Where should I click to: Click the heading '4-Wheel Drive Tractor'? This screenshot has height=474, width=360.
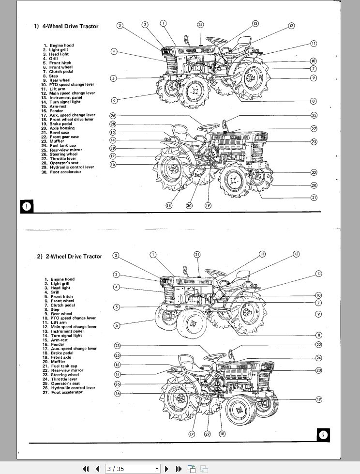tap(69, 26)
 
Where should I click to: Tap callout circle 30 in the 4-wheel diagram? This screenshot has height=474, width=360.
tap(189, 205)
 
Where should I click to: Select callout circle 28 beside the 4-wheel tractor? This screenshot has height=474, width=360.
tap(113, 124)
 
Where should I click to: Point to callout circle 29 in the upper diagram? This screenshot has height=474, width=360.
tap(113, 148)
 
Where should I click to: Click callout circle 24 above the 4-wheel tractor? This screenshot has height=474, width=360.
tap(200, 24)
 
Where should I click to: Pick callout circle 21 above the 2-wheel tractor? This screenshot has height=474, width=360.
tap(197, 254)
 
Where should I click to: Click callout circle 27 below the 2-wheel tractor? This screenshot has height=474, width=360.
tap(207, 434)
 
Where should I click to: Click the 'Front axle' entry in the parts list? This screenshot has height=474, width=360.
tap(60, 357)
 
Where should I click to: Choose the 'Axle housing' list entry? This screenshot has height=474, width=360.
tap(62, 128)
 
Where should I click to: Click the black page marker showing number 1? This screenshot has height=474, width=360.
tap(27, 207)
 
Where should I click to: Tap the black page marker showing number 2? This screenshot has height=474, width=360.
tap(323, 434)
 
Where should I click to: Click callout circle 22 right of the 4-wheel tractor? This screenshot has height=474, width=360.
tap(314, 172)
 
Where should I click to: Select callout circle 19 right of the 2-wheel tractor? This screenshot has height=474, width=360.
tap(319, 399)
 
